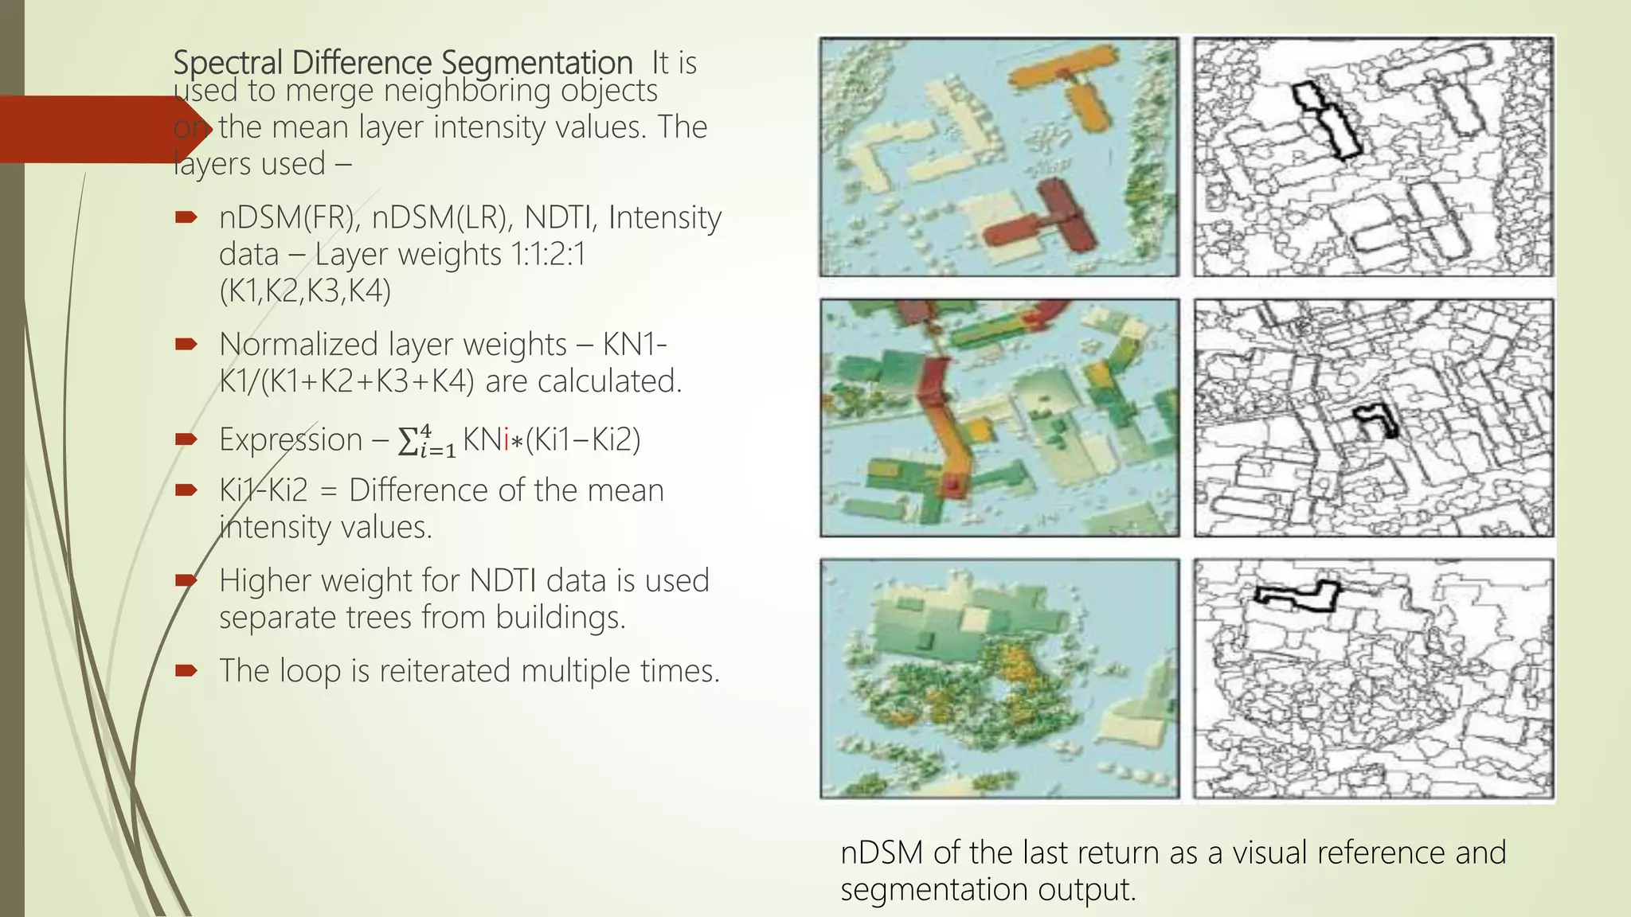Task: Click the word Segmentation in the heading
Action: (x=537, y=63)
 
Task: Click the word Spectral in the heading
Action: (x=228, y=63)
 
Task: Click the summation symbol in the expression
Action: (x=409, y=440)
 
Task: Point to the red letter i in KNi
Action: (x=506, y=439)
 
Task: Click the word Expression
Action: (x=291, y=439)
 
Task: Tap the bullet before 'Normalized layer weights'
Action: (x=186, y=344)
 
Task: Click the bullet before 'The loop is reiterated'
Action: (x=186, y=670)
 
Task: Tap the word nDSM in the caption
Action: (x=882, y=853)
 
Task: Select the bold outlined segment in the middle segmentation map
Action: (x=1377, y=420)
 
